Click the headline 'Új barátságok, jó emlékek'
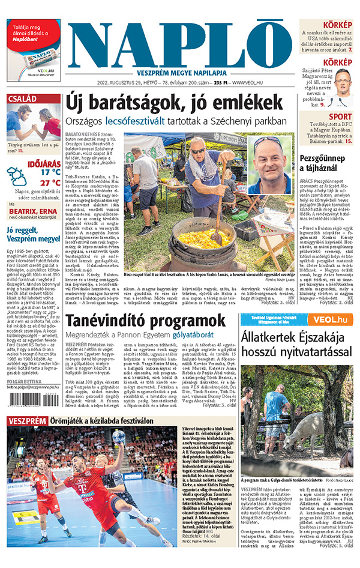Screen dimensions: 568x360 [x=174, y=100]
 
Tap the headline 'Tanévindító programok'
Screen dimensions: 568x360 [x=145, y=320]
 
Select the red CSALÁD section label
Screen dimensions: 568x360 [x=23, y=98]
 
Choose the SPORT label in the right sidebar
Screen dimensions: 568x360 [x=340, y=116]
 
